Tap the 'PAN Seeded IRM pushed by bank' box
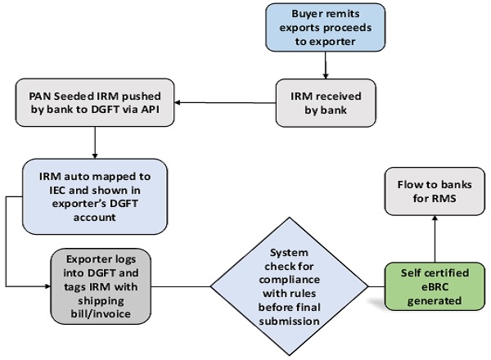[96, 103]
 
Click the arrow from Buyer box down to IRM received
[327, 63]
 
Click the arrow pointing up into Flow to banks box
[434, 237]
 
